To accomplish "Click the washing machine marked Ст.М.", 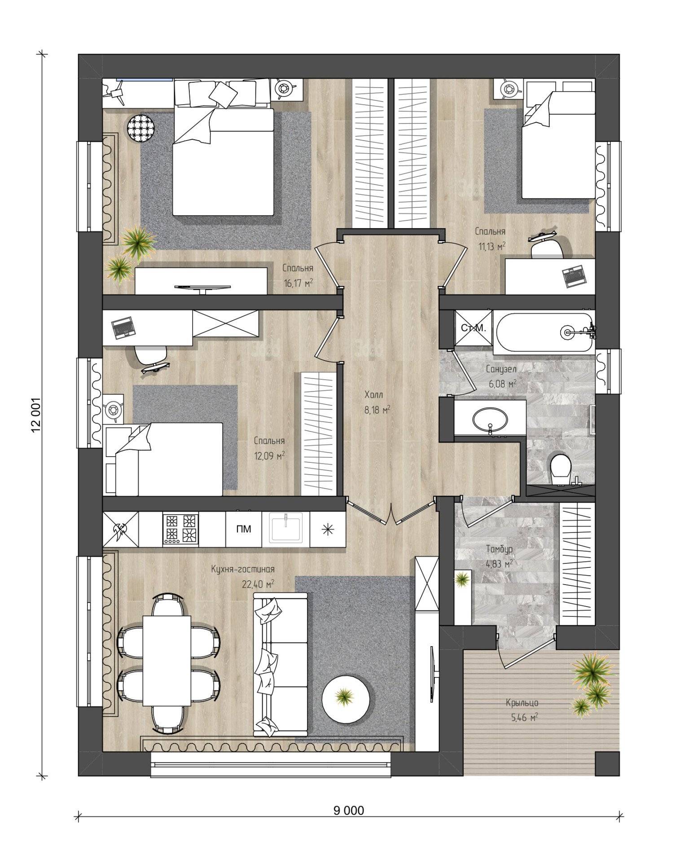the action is [474, 328].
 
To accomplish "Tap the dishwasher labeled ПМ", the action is [243, 529].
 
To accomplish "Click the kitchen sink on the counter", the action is [286, 528].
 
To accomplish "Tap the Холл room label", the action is [373, 395].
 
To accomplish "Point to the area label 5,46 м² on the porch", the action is [524, 717].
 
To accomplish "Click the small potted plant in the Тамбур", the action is [461, 580].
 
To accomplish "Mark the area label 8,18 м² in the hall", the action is [376, 409].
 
